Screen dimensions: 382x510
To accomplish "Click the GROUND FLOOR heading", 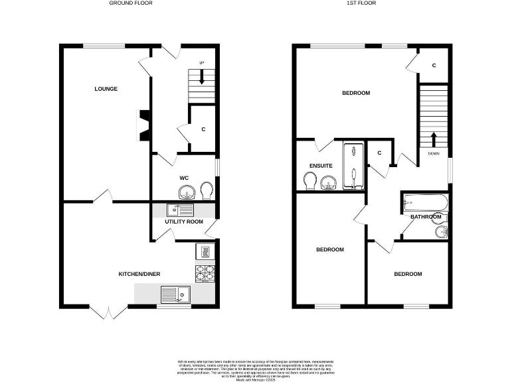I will click(131, 3).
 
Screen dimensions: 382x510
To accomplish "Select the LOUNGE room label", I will click(106, 89).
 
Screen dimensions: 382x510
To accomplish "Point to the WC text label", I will click(185, 178).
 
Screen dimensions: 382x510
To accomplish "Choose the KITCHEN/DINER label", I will click(139, 274).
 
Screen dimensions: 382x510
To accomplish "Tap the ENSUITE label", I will click(321, 166).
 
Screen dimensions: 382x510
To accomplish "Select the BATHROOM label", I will click(425, 217).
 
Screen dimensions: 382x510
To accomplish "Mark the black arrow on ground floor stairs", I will click(202, 77).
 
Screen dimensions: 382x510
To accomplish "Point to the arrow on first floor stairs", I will click(434, 139).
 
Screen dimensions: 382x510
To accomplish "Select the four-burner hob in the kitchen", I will click(205, 272).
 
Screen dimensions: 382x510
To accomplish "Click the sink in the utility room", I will click(180, 210).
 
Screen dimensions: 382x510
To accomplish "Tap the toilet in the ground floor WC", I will click(207, 190).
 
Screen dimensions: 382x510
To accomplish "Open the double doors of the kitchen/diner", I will click(108, 311).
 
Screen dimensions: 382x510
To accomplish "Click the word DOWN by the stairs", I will click(434, 154).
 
